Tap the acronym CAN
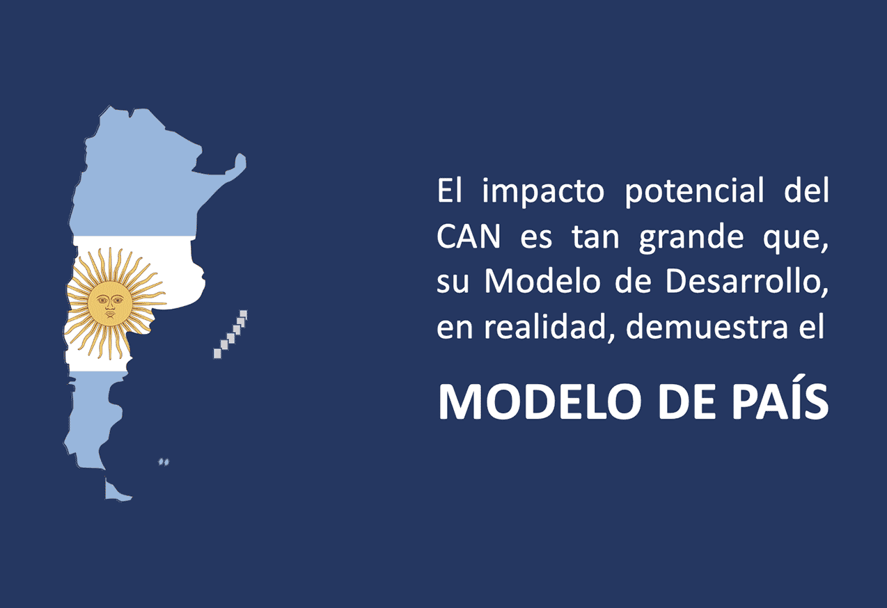(x=469, y=237)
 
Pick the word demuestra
(x=707, y=326)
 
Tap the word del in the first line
(x=807, y=191)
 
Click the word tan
(x=595, y=237)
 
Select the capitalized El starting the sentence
(x=450, y=191)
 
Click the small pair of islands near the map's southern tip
(x=164, y=462)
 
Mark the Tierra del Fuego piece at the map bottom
(x=116, y=491)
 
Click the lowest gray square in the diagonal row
(x=217, y=353)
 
